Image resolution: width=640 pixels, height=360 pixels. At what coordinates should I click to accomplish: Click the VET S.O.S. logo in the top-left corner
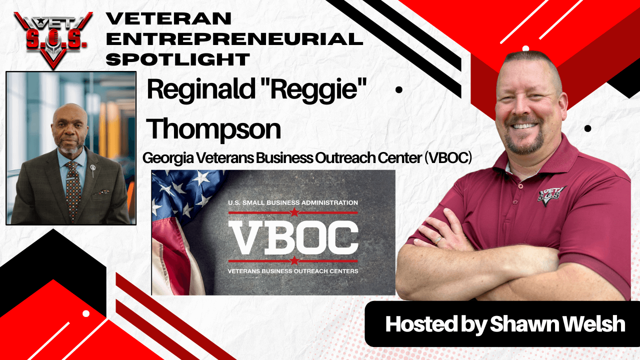coord(53,40)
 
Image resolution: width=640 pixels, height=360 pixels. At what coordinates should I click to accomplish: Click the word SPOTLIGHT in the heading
coord(178,59)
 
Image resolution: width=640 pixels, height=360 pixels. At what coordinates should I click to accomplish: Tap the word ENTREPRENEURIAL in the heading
coord(234,39)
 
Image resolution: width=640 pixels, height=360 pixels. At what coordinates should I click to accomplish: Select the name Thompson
coord(213,129)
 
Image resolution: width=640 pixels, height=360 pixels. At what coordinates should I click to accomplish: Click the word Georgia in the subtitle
coord(168,158)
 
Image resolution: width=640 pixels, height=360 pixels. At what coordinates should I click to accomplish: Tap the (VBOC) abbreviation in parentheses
coord(448,157)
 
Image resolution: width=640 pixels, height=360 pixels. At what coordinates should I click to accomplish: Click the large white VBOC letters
coord(293,237)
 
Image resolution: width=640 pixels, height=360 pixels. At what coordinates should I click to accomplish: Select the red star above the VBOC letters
coord(294,212)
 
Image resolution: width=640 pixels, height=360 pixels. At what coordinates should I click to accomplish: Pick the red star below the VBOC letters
coord(294,260)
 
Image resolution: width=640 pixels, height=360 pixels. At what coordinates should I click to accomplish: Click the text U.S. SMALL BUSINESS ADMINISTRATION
coord(293,202)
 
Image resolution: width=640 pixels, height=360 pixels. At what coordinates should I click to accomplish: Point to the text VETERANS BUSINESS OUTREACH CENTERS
coord(293,271)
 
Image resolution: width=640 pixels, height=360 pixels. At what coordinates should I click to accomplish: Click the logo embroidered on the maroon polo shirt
coord(551,195)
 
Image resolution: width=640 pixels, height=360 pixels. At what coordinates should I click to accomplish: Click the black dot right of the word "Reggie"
coord(399,90)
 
